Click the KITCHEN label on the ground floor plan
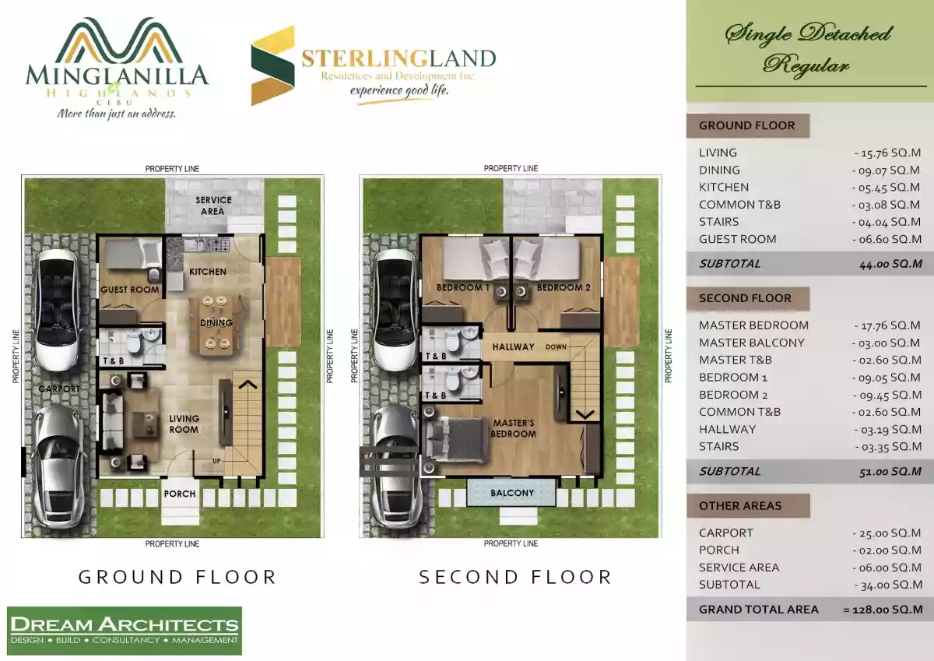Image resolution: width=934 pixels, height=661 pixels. click(x=208, y=272)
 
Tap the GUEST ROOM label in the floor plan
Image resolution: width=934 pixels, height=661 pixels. click(x=130, y=290)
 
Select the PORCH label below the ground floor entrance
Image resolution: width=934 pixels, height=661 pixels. click(x=180, y=494)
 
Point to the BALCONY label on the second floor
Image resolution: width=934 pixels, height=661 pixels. click(x=512, y=493)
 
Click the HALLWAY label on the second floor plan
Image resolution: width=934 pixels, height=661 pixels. click(x=513, y=347)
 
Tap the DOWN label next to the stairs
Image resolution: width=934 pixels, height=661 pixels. click(x=557, y=347)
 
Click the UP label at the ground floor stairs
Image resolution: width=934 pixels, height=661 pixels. click(x=216, y=461)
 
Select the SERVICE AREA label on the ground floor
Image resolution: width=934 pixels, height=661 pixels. click(x=213, y=206)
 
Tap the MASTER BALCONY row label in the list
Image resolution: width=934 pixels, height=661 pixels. click(x=752, y=343)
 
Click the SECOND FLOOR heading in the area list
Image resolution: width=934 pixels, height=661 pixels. click(x=745, y=298)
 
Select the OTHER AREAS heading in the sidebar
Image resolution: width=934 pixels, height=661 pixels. click(x=740, y=506)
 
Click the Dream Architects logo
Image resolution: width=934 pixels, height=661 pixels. click(x=125, y=631)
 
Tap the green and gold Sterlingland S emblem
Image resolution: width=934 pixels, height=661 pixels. click(x=272, y=65)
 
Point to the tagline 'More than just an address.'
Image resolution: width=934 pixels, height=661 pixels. click(x=116, y=114)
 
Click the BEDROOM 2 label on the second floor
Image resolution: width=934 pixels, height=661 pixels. click(x=564, y=288)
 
